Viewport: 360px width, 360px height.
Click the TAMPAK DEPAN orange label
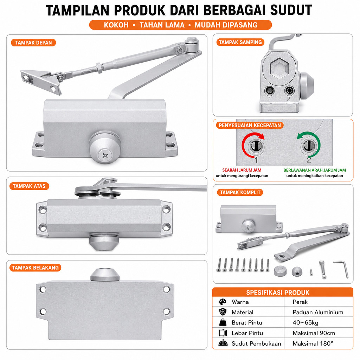tap(33, 43)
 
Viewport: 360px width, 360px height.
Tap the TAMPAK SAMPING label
tap(240, 42)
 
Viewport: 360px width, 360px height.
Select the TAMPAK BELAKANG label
tap(36, 268)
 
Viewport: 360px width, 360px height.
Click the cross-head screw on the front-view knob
tap(105, 156)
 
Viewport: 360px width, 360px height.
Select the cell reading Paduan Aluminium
tap(318, 312)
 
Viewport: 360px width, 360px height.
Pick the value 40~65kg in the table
tap(306, 323)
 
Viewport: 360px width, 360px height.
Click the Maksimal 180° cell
tap(313, 344)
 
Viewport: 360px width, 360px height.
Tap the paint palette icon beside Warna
tap(223, 302)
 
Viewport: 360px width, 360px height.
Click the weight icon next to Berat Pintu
tap(223, 323)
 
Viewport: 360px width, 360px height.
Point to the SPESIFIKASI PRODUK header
tap(278, 292)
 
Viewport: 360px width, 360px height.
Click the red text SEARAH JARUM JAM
tap(242, 170)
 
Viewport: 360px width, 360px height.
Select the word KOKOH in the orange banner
tap(116, 25)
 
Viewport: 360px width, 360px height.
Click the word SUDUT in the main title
tap(291, 10)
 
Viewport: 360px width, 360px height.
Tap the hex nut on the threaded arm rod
tap(99, 67)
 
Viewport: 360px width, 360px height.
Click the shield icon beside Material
tap(223, 312)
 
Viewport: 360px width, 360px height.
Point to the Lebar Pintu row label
tap(247, 333)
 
